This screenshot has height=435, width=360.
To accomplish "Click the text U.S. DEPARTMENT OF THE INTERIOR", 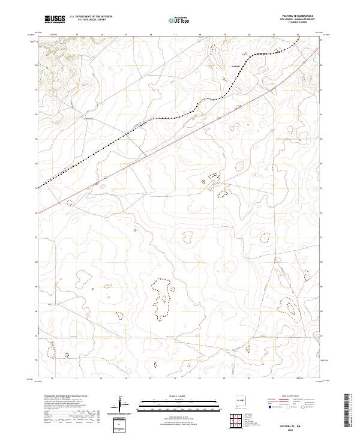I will [x=91, y=17].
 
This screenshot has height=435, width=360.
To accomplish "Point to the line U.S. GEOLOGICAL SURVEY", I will [x=91, y=20].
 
